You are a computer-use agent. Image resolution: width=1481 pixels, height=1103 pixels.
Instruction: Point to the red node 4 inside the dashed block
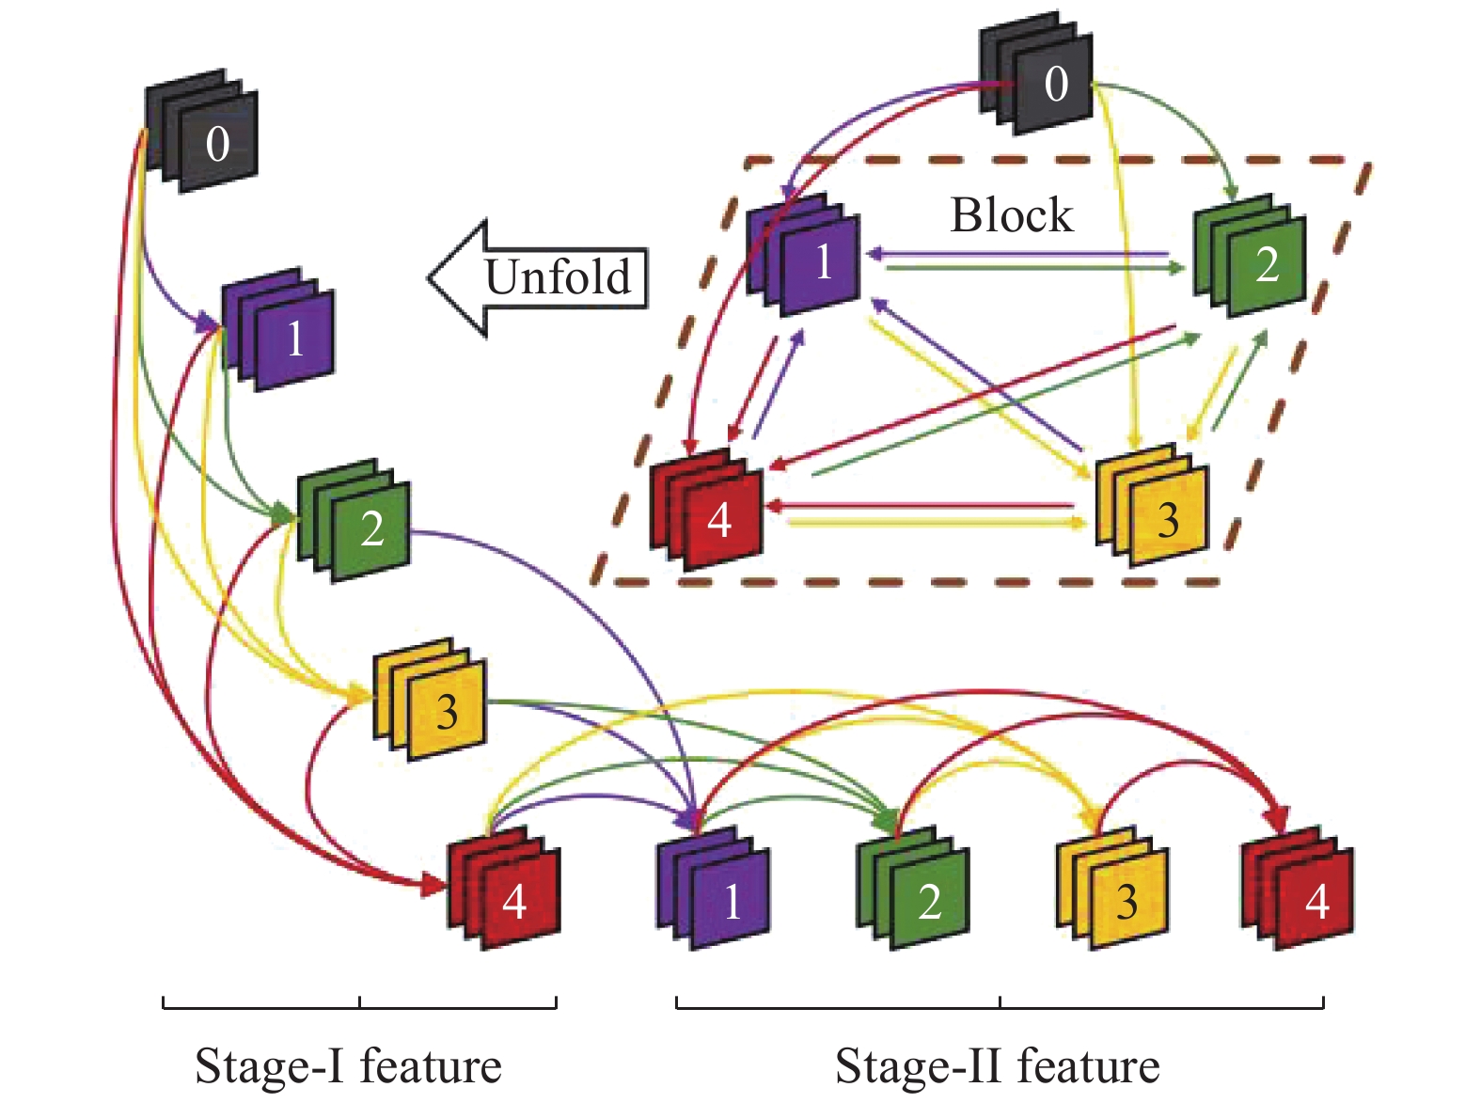point(708,513)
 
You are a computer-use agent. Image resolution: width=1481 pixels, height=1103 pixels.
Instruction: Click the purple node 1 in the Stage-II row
point(716,891)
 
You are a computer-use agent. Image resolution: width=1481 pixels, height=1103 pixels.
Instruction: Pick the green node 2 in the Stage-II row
point(915,891)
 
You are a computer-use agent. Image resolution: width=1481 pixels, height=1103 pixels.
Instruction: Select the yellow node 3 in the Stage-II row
point(1114,891)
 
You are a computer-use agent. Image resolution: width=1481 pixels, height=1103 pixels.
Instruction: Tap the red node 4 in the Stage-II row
point(1300,891)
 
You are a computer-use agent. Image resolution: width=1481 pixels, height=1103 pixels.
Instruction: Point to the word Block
point(1011,215)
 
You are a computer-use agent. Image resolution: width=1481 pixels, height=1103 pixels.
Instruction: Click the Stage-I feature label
point(348,1066)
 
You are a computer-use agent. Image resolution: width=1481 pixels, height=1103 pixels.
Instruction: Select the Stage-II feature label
point(997,1066)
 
